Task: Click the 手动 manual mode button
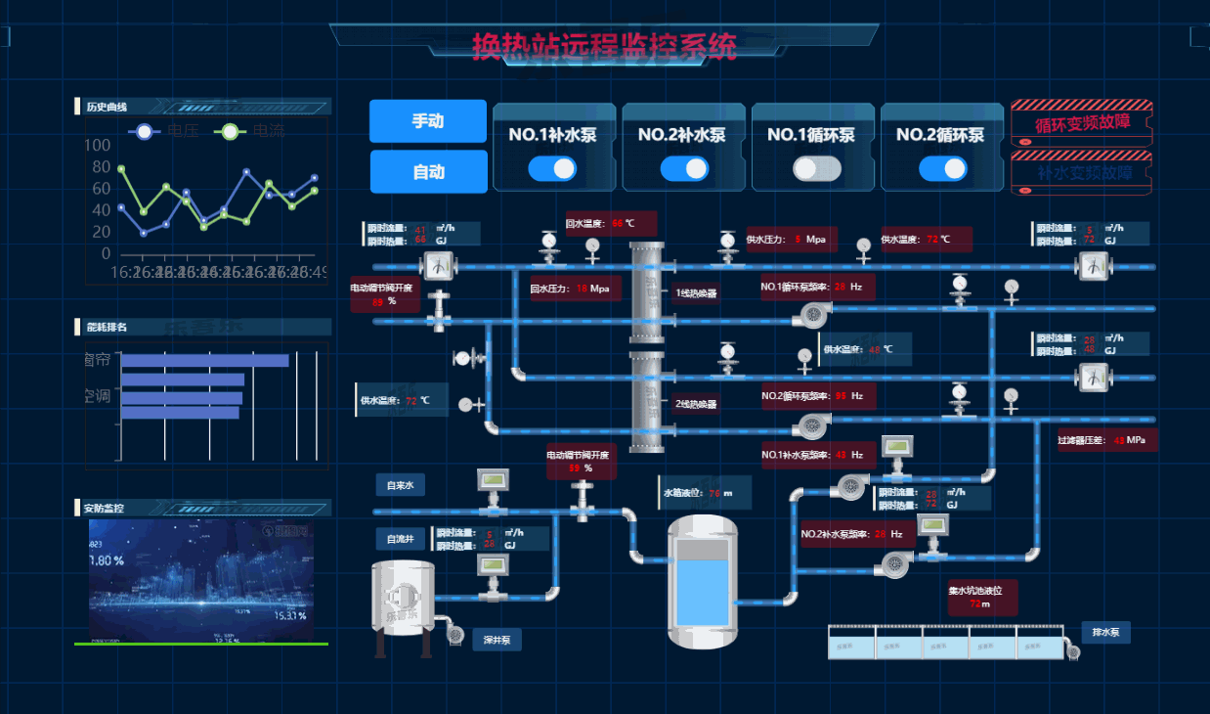click(427, 121)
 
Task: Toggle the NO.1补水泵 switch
click(552, 168)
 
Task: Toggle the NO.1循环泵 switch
click(817, 168)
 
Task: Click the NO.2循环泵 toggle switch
click(943, 168)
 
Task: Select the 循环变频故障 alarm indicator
click(1082, 122)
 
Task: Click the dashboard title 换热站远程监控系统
click(604, 45)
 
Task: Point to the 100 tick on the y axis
click(98, 146)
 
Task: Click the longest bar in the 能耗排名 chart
click(204, 361)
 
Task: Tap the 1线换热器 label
click(696, 292)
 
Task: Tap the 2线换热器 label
click(696, 403)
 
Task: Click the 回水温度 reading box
click(610, 223)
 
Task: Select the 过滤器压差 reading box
click(1106, 440)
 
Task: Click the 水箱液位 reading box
click(697, 493)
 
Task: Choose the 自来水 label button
click(400, 485)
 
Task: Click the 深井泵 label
click(497, 640)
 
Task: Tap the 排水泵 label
click(1105, 632)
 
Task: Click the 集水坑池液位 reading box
click(981, 597)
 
